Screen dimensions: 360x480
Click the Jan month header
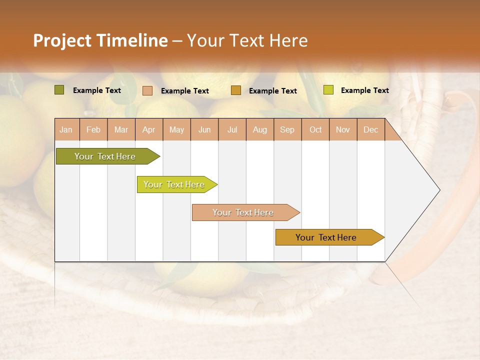pos(66,129)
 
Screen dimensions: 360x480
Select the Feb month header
pos(93,129)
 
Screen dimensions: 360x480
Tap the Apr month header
pos(148,129)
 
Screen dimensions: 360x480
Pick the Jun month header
pos(204,129)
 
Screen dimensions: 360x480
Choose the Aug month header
pos(259,129)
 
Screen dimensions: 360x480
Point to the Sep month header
pos(287,129)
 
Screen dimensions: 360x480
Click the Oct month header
pos(315,129)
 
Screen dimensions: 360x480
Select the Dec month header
pos(370,129)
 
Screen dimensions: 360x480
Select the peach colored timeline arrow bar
pos(243,212)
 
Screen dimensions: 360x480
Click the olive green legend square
pos(59,90)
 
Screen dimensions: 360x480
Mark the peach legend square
pos(147,90)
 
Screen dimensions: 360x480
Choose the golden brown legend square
pos(236,90)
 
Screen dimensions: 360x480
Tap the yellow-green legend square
pos(328,90)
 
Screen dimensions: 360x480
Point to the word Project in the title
pos(62,40)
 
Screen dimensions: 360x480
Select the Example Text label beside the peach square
pos(185,91)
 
